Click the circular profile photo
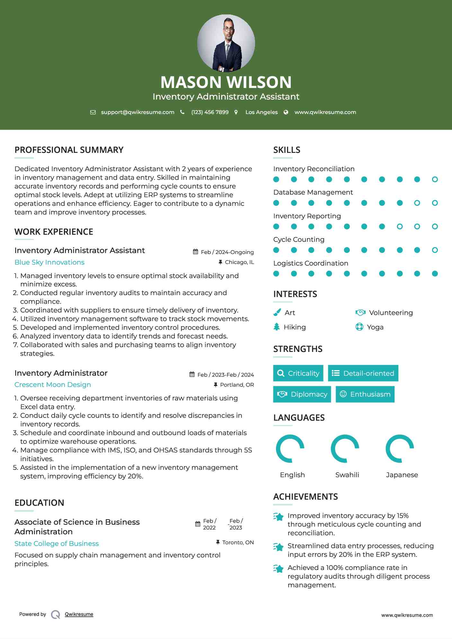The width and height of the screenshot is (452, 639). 226,43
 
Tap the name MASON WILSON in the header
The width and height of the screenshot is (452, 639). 226,82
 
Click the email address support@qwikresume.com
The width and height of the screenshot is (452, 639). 137,112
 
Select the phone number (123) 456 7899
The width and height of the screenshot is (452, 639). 210,112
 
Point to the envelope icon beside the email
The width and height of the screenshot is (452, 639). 93,112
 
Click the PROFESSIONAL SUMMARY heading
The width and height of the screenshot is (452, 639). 69,150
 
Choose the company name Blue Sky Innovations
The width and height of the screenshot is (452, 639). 49,262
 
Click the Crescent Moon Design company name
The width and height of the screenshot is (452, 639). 53,385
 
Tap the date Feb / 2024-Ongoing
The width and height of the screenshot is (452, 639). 227,252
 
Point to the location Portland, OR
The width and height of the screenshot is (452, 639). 237,385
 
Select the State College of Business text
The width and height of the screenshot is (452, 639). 57,544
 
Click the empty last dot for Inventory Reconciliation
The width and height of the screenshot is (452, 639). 435,179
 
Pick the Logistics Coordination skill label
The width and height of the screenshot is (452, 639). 311,263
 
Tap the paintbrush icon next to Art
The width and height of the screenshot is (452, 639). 277,312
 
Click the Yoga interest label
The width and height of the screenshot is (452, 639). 375,327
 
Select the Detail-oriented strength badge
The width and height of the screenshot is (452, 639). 363,373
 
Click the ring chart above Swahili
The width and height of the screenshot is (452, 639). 345,449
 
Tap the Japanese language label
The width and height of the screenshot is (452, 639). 402,475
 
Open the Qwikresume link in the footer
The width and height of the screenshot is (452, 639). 79,614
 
